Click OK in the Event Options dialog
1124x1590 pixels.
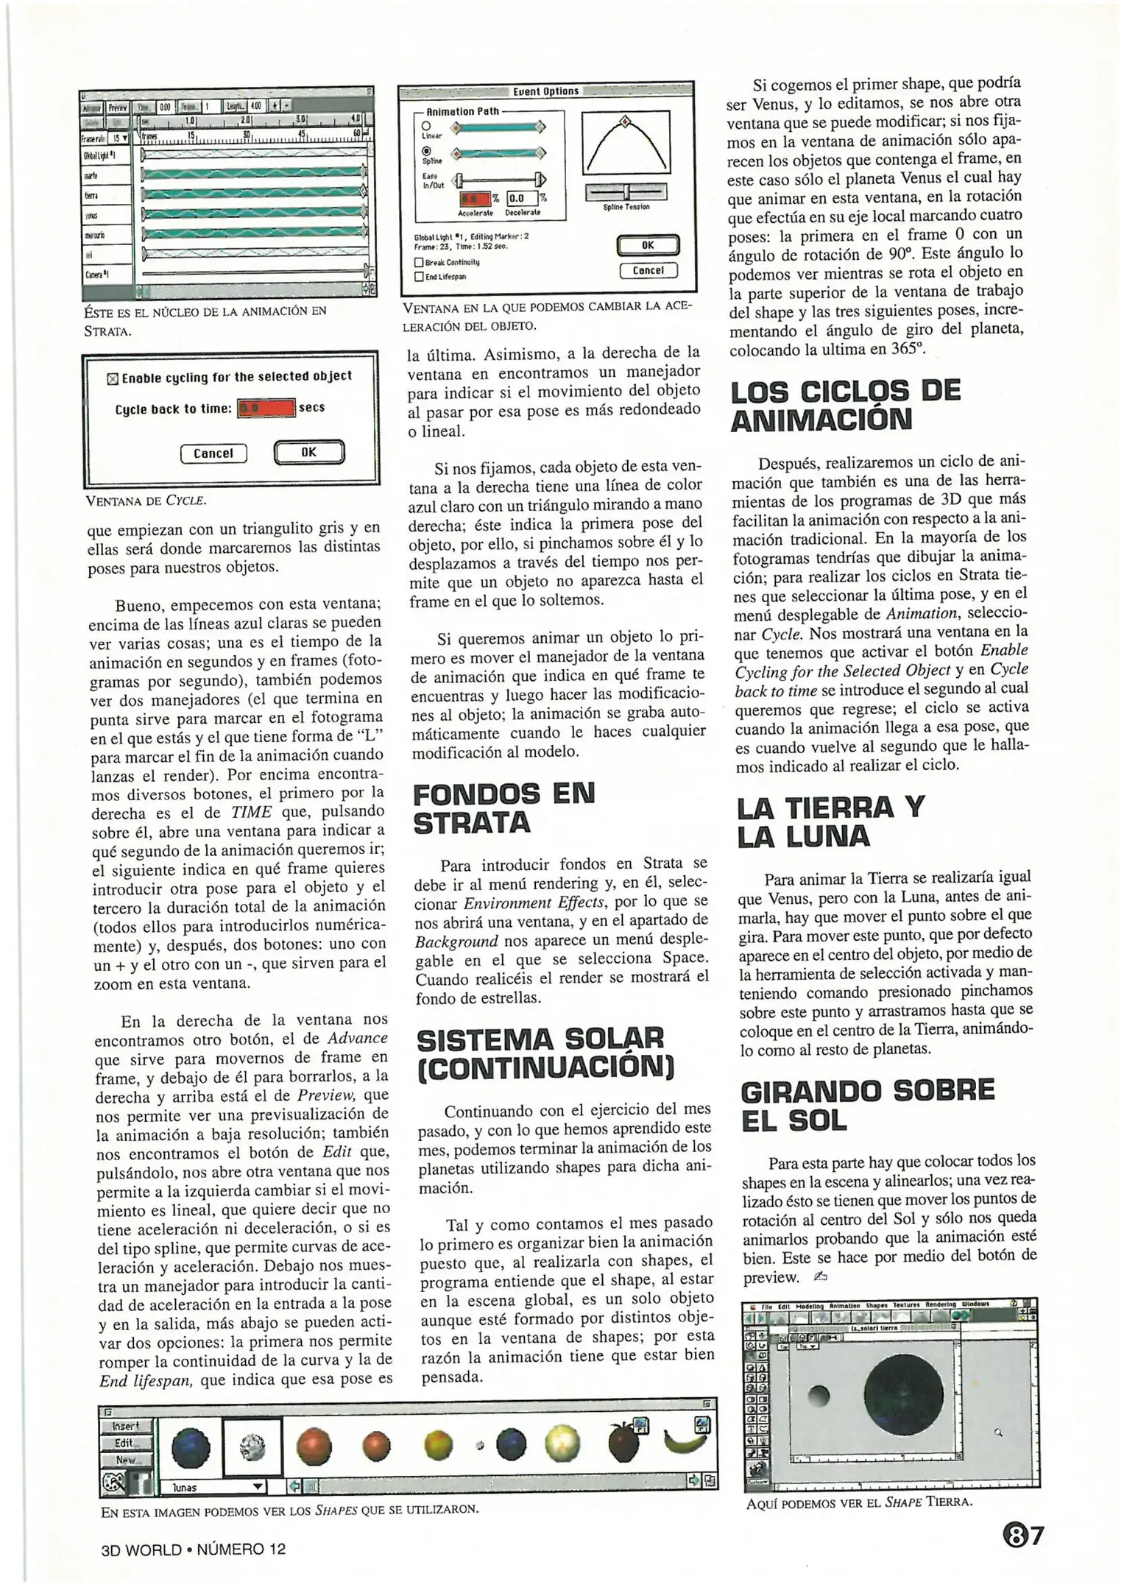coord(647,244)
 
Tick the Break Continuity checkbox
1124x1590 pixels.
coord(419,262)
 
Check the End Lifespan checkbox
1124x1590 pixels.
coord(419,277)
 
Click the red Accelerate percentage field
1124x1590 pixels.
coord(473,199)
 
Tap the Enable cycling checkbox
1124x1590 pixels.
coord(113,379)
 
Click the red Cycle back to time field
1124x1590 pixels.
coord(266,409)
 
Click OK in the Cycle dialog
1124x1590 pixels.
coord(308,453)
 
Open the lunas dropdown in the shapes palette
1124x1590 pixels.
coord(257,1486)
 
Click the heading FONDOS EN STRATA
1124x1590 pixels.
coord(505,808)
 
